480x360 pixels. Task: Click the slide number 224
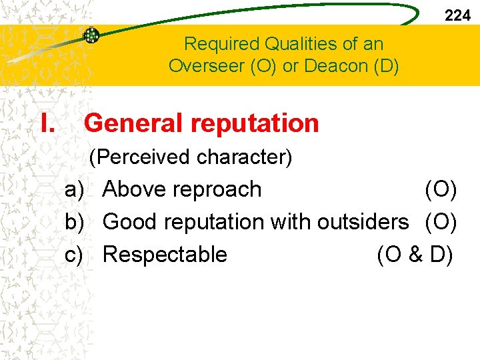457,15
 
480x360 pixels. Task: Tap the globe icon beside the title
91,36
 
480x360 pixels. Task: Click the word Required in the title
222,45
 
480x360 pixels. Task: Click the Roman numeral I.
47,123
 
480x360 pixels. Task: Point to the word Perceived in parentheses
141,157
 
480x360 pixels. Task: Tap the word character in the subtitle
245,157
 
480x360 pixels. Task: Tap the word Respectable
165,255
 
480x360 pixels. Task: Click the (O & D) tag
415,255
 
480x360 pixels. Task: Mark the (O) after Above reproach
441,189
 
